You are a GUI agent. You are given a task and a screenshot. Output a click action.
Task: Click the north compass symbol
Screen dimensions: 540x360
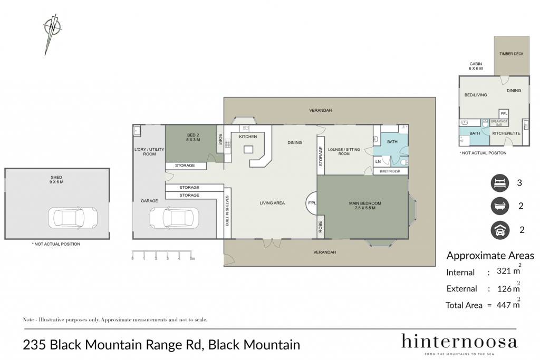(52, 33)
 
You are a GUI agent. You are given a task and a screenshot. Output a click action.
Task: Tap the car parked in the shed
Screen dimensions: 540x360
(73, 218)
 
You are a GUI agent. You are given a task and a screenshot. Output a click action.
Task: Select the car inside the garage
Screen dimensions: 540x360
(174, 217)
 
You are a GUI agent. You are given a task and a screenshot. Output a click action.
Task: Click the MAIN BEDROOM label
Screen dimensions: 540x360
(365, 203)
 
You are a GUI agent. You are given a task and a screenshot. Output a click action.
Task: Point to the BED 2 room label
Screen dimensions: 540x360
(193, 135)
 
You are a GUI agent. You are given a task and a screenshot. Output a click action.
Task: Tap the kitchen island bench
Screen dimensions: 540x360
(248, 149)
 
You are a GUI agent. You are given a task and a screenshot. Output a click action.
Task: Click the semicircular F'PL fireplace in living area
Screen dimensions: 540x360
(311, 203)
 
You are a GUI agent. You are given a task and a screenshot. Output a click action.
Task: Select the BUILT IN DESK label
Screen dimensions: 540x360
(390, 171)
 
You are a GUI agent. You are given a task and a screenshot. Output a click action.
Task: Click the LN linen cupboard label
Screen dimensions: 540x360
(378, 161)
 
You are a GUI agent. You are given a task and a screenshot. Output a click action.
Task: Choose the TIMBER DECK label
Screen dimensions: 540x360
(512, 54)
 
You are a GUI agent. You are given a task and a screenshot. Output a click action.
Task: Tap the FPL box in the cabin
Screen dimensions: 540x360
(504, 113)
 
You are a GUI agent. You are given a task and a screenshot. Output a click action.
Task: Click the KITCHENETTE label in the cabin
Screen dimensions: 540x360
(506, 133)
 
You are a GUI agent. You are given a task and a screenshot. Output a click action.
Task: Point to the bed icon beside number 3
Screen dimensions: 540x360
(500, 183)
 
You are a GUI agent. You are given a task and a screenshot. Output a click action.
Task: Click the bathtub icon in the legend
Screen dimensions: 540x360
(500, 206)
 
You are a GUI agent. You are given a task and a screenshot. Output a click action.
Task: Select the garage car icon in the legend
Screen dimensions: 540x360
(500, 230)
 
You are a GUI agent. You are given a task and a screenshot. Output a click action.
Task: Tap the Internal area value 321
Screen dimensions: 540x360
(504, 271)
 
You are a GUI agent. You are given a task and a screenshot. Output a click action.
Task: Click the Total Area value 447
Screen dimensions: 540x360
(504, 305)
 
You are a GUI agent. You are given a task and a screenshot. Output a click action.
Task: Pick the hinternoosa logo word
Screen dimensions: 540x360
(459, 342)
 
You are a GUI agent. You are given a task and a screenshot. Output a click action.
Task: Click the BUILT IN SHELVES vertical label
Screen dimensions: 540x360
(227, 211)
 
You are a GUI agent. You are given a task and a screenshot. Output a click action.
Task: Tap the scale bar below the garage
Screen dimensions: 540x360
(163, 255)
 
